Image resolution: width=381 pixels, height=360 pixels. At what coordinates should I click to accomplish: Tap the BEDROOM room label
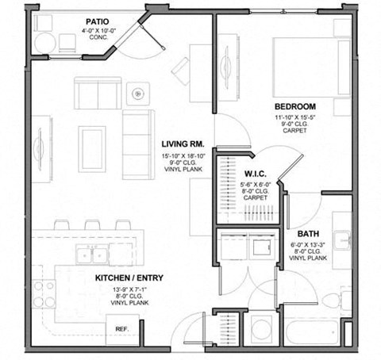[295, 106]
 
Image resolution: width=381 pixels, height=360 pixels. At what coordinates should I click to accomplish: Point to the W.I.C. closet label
[255, 174]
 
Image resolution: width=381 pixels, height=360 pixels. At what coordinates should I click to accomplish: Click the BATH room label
[308, 234]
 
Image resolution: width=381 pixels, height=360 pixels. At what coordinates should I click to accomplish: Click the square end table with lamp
[139, 93]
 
